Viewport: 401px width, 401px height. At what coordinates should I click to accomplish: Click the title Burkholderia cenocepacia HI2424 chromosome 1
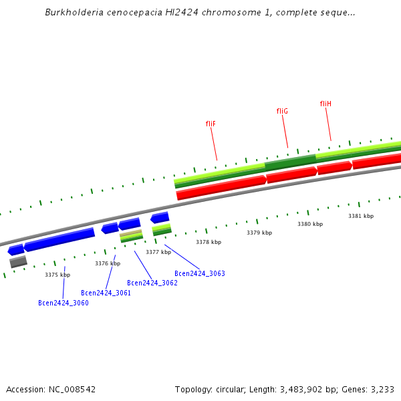(x=200, y=13)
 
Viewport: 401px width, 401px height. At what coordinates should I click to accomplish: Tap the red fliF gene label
(x=211, y=124)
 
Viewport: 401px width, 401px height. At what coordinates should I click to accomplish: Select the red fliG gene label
(x=282, y=111)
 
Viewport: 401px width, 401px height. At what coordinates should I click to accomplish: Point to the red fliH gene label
(x=325, y=104)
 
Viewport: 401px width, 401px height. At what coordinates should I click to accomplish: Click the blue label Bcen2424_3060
(x=63, y=303)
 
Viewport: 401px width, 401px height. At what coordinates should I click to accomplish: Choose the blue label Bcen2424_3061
(x=106, y=293)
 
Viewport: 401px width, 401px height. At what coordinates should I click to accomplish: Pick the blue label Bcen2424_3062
(x=152, y=283)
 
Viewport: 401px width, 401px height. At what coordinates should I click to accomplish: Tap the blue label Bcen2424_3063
(x=200, y=273)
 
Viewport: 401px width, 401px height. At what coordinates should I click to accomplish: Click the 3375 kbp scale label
(x=57, y=275)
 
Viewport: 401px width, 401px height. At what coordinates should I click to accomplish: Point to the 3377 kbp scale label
(x=158, y=252)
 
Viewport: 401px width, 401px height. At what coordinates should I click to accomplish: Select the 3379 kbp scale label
(x=259, y=233)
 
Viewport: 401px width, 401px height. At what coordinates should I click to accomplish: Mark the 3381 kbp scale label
(x=361, y=216)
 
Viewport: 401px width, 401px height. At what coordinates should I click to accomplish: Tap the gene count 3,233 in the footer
(x=382, y=389)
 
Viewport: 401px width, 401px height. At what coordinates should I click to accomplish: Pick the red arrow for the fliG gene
(x=292, y=174)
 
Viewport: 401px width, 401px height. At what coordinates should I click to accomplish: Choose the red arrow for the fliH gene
(x=335, y=167)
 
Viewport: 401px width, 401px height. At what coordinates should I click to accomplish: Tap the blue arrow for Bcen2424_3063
(x=160, y=217)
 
